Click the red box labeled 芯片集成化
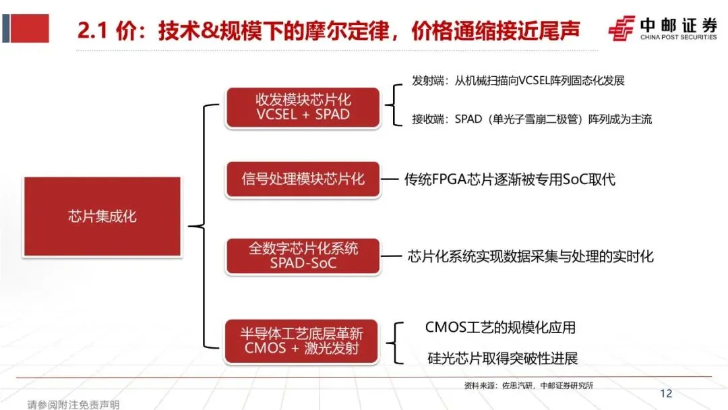102,216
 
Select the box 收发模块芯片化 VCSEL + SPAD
303,107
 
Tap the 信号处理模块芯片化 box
303,179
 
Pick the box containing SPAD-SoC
303,256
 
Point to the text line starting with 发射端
518,80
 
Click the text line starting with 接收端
531,119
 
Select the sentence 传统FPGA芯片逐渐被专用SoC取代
510,179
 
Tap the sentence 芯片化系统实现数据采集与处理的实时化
530,256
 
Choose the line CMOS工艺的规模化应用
500,328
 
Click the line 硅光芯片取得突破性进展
502,358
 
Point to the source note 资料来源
529,386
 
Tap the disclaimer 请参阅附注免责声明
73,405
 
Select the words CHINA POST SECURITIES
678,37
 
